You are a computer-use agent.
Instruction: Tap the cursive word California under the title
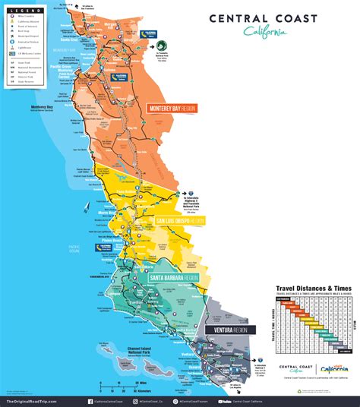266,31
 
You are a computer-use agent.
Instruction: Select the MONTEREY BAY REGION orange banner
171,108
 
